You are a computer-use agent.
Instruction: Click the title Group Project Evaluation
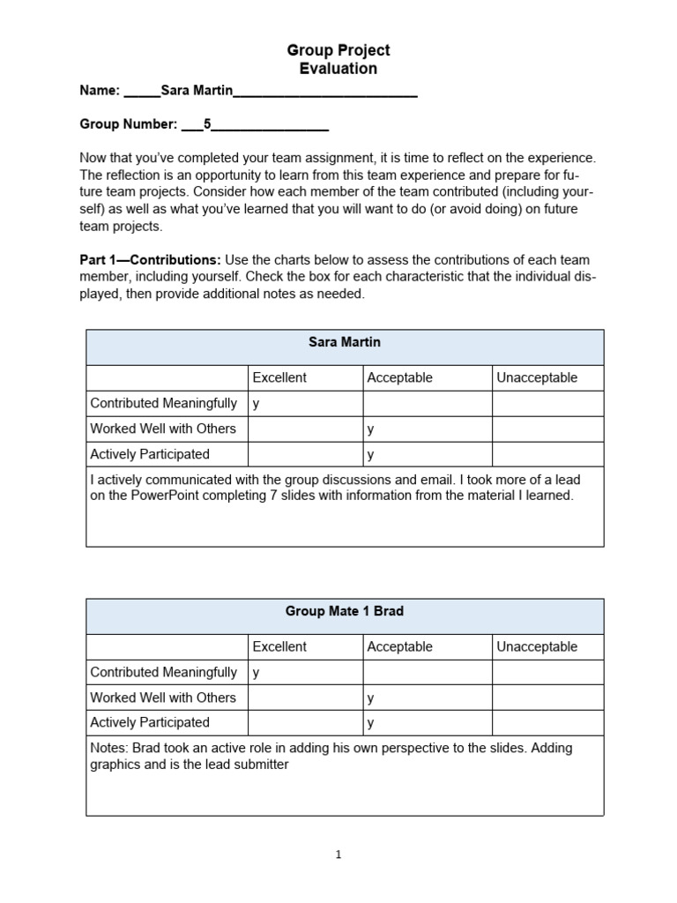click(339, 59)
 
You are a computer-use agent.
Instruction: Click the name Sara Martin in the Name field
click(196, 91)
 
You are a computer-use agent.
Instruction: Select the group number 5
click(207, 124)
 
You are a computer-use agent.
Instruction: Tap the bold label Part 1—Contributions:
click(150, 260)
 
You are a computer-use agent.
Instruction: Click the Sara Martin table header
click(345, 342)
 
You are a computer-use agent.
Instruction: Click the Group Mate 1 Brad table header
click(345, 611)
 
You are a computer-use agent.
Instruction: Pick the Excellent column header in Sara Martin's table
click(279, 377)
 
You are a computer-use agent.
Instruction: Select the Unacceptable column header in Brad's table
click(537, 646)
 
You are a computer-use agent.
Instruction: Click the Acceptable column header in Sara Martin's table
click(399, 377)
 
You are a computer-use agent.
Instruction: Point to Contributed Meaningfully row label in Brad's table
click(164, 672)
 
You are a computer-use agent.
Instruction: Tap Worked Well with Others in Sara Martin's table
click(163, 429)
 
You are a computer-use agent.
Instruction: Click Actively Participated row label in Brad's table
click(150, 722)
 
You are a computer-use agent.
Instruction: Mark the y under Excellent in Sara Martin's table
click(257, 404)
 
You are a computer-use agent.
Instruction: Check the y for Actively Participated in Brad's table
click(371, 723)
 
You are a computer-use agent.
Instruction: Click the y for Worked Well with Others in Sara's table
click(371, 429)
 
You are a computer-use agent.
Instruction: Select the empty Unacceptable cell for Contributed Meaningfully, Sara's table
click(547, 404)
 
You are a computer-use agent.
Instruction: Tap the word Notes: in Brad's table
click(110, 748)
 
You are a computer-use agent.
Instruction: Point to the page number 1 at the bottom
click(339, 854)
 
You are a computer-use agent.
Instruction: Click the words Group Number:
click(129, 124)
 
